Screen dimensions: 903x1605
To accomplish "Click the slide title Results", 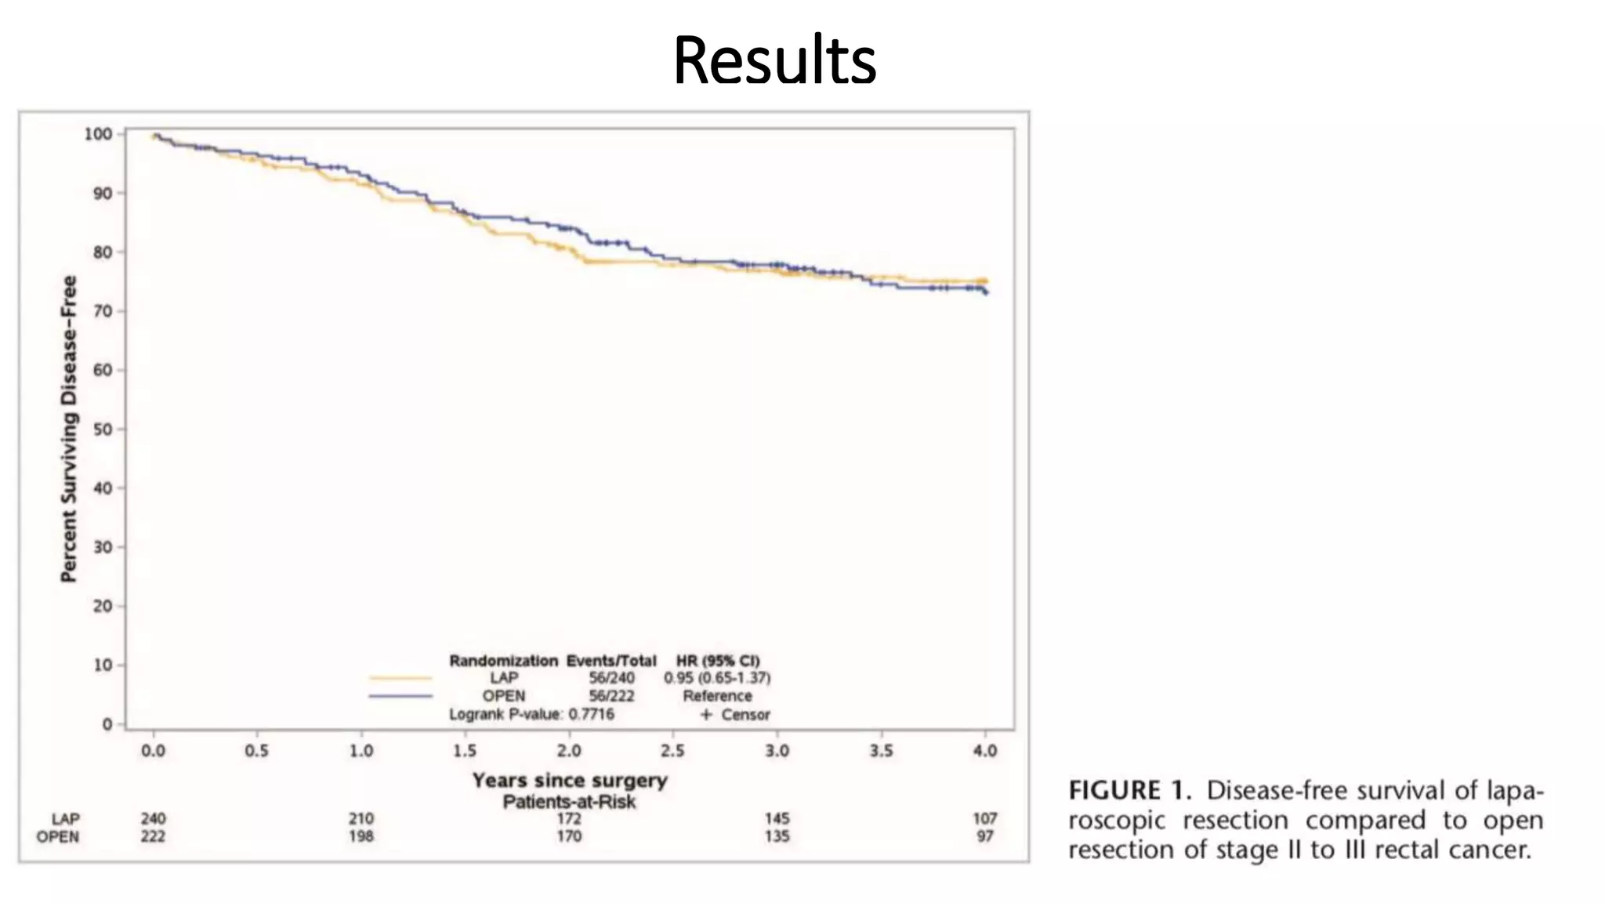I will tap(774, 61).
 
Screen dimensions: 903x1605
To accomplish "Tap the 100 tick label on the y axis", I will tap(99, 134).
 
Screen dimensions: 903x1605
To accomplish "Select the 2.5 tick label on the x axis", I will tap(672, 751).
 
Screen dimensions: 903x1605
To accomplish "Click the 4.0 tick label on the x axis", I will tap(985, 751).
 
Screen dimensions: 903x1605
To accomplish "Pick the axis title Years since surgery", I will tap(570, 781).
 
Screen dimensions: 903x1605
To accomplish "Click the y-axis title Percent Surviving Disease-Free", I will tap(69, 429).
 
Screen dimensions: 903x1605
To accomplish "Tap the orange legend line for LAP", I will tap(400, 678).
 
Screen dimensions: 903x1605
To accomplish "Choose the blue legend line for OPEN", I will tap(400, 696).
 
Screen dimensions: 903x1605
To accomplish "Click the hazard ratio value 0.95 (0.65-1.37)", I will tap(717, 678).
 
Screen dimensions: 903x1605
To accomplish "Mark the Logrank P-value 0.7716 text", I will tap(531, 714).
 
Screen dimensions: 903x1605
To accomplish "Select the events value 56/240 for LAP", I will tap(611, 678).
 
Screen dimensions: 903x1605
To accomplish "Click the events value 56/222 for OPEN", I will tap(611, 696).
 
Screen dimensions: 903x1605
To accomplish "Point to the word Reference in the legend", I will tap(717, 696).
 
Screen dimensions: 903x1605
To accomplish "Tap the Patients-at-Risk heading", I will tap(570, 802).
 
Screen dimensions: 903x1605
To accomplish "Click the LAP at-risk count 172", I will tap(569, 819).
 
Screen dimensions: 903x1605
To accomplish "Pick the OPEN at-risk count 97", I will tap(985, 836).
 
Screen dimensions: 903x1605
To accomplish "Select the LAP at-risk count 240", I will tap(153, 819).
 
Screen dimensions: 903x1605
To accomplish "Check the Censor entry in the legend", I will tap(745, 715).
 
